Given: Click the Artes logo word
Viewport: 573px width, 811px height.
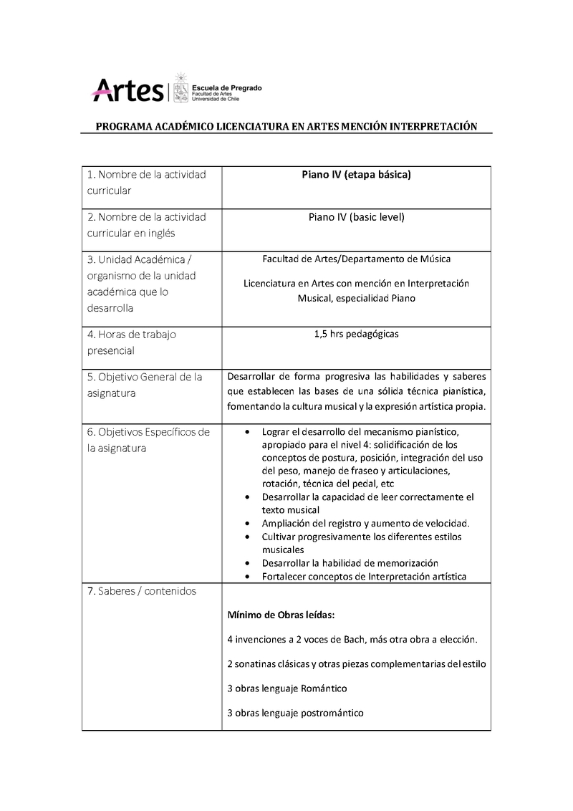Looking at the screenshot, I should click(x=127, y=90).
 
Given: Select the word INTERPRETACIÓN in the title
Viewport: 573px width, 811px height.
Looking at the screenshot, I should click(x=433, y=126).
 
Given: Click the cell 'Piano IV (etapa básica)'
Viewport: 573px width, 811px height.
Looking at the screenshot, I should click(x=355, y=175).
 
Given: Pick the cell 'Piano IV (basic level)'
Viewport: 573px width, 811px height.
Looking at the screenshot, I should click(x=355, y=216).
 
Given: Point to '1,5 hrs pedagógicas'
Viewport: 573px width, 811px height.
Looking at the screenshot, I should click(x=355, y=334).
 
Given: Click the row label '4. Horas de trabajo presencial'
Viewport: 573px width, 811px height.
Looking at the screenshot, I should click(x=132, y=342).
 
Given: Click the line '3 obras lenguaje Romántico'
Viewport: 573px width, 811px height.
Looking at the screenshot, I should click(x=286, y=688).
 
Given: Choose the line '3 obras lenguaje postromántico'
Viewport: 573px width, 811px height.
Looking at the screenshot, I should click(x=295, y=713).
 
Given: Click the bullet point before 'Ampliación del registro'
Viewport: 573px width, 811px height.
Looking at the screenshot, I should click(x=247, y=524).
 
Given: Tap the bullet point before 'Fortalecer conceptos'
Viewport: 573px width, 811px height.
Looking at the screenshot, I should click(x=247, y=576).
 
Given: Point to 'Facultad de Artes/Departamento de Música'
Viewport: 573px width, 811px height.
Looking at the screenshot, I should click(x=356, y=259).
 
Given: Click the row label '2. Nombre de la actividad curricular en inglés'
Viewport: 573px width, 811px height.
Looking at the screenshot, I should click(x=146, y=225).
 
